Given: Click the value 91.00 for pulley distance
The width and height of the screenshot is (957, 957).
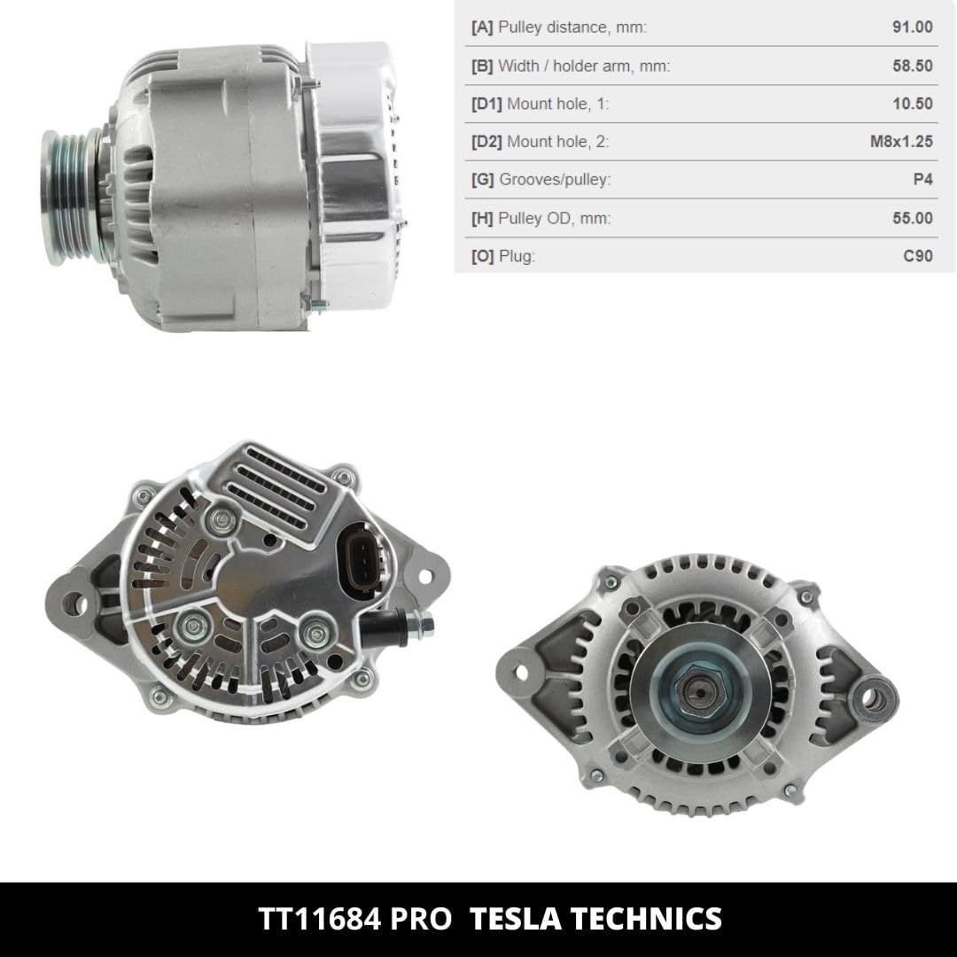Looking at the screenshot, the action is (912, 27).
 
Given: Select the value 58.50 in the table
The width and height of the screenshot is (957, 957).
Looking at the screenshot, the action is (912, 66).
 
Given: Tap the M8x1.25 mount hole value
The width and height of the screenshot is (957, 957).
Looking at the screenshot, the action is (901, 142).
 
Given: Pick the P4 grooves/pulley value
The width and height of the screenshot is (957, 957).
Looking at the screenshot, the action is (922, 179).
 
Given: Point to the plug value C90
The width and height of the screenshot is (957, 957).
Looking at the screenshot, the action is (918, 256).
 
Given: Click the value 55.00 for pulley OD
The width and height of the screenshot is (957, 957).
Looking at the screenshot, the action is (912, 218).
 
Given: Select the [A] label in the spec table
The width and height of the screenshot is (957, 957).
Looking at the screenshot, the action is (481, 27).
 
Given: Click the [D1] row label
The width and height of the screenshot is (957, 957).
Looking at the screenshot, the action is (486, 104).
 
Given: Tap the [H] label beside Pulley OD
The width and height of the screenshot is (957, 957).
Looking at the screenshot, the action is (481, 218).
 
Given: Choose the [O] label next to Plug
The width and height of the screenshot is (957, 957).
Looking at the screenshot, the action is (482, 256).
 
